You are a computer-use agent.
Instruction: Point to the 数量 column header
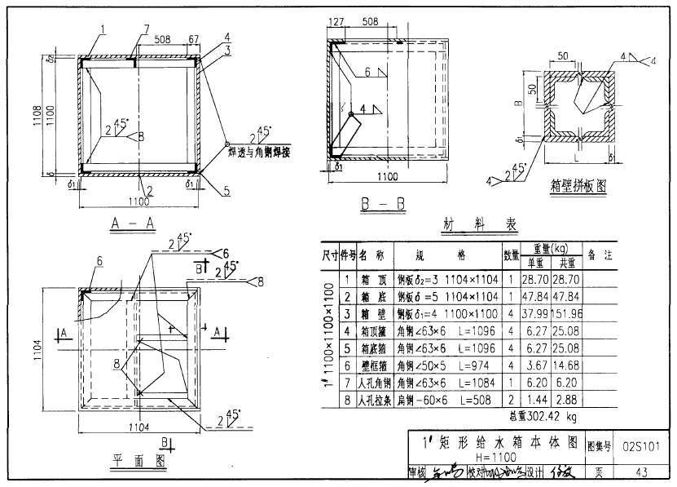tap(511, 255)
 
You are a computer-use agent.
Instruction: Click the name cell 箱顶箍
tap(376, 331)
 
